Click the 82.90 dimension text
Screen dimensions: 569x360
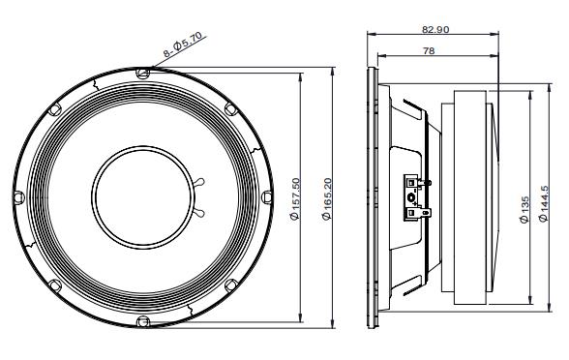click(435, 29)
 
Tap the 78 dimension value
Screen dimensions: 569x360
click(429, 50)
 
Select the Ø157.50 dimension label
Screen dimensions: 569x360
click(295, 199)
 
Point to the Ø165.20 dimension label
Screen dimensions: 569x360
click(327, 199)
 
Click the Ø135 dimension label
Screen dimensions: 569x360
click(524, 210)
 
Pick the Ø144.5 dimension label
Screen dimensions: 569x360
click(543, 204)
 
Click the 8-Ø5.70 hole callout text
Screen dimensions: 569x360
click(184, 45)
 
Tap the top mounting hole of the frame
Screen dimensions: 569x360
click(142, 73)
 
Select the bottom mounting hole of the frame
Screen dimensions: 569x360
click(142, 321)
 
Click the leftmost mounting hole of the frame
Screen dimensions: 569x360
click(18, 197)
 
